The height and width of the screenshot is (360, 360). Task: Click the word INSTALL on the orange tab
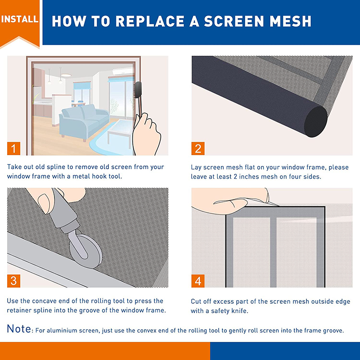click(19, 19)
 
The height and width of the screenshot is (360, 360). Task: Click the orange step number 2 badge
click(198, 148)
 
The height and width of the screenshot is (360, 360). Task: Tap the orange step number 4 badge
click(198, 281)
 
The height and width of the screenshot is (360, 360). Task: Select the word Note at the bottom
click(18, 329)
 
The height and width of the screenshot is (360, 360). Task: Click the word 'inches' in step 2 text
click(247, 177)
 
